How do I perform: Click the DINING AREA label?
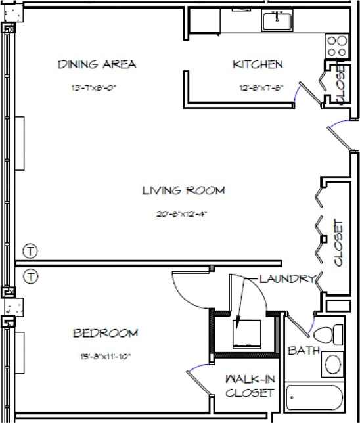[97, 64]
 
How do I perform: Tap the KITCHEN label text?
[258, 64]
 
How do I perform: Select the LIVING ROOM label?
[183, 191]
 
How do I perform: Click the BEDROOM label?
[105, 333]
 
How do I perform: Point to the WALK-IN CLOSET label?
[249, 386]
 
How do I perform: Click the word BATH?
[304, 351]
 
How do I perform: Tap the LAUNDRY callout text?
[286, 279]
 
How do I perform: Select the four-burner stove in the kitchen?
[338, 45]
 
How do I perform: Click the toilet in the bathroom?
[332, 331]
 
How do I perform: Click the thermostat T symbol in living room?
[30, 250]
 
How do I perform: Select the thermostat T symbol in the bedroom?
[30, 275]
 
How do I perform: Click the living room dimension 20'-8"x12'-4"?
[183, 213]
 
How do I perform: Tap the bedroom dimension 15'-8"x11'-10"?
[105, 357]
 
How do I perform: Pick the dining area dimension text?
[96, 87]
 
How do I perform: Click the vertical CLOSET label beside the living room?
[339, 242]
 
